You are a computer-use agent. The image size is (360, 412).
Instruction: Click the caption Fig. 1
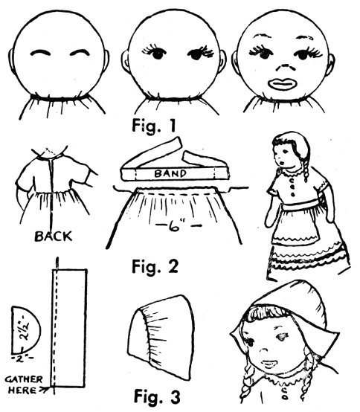coord(154,126)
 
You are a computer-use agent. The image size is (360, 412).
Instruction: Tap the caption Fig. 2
coord(155,266)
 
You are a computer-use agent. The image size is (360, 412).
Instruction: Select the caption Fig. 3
coord(158,396)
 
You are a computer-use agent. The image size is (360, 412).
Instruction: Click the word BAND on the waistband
coord(170,173)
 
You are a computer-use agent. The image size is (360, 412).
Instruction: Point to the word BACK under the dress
coord(54,236)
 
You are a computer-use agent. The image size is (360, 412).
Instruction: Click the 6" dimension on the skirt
coord(179,225)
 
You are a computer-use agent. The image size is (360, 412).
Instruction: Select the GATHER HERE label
coord(24,385)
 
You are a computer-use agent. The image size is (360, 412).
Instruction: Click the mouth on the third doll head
coord(282,84)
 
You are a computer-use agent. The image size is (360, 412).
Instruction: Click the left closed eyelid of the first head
coord(40,52)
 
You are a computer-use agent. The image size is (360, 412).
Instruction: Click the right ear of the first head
coord(106,60)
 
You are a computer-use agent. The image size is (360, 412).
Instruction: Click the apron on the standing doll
coord(295,227)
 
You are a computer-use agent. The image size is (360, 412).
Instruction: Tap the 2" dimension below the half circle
coord(22,358)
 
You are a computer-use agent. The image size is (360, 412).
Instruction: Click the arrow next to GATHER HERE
coord(44,390)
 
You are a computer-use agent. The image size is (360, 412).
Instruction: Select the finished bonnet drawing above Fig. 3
coord(161,337)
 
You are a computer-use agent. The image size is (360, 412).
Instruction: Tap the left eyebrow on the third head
coord(263,36)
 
